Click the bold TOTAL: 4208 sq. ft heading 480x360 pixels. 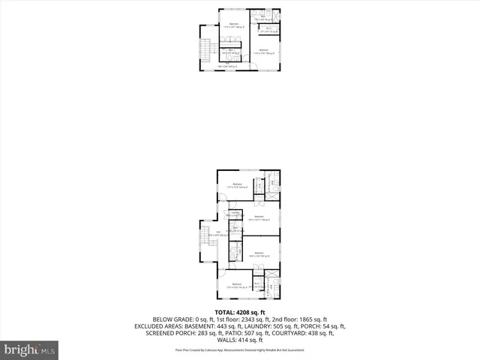pyautogui.click(x=239, y=311)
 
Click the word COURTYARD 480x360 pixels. pyautogui.click(x=294, y=334)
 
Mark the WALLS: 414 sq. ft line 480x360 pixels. pyautogui.click(x=239, y=341)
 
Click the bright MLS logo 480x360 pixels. pyautogui.click(x=30, y=349)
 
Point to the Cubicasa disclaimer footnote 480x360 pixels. pyautogui.click(x=239, y=350)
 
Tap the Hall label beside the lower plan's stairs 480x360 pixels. pyautogui.click(x=219, y=232)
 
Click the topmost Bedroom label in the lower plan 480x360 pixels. pyautogui.click(x=238, y=184)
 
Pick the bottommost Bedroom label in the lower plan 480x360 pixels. pyautogui.click(x=237, y=284)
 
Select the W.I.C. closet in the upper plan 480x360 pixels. pyautogui.click(x=268, y=30)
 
